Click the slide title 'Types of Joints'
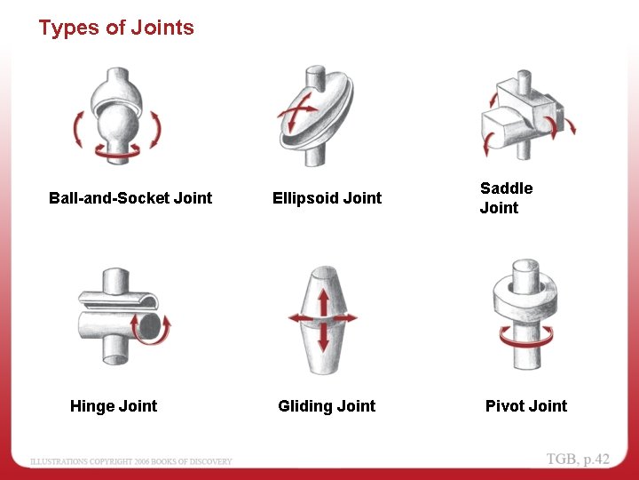tap(116, 28)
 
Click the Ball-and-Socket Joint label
tap(130, 198)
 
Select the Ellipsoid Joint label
tap(327, 198)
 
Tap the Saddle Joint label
tap(506, 198)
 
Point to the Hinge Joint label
tap(114, 406)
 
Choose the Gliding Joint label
tap(327, 406)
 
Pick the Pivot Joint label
tap(526, 406)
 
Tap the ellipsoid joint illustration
tap(312, 114)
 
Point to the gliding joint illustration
tap(323, 319)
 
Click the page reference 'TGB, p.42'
tap(578, 459)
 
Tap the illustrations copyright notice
tap(131, 461)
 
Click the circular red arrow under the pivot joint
tap(527, 336)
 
